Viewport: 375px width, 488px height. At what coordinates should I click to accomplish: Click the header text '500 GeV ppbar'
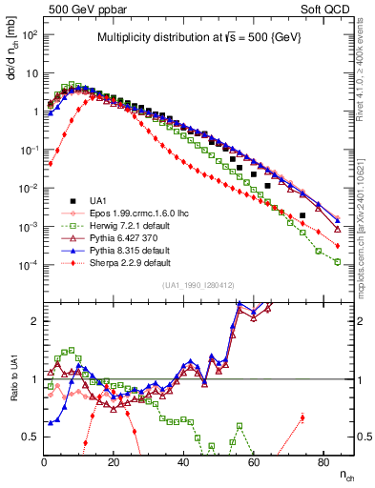point(84,9)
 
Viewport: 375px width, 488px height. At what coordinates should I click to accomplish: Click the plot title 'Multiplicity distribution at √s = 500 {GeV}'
point(198,37)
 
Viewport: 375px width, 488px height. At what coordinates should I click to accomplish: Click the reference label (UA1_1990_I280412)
point(198,286)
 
